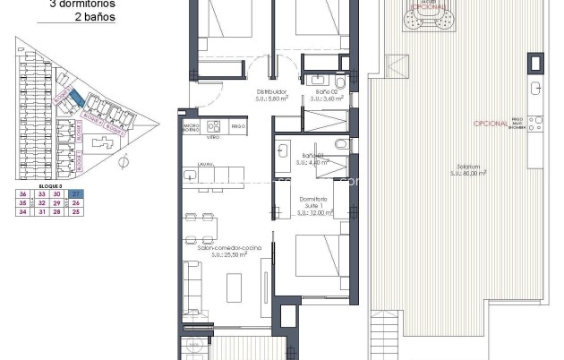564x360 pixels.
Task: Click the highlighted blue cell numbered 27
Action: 76,193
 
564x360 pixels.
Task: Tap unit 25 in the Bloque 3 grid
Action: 76,211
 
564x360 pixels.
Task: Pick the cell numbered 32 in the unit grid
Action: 40,202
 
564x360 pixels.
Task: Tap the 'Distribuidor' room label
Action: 271,92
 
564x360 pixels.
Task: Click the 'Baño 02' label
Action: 326,92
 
